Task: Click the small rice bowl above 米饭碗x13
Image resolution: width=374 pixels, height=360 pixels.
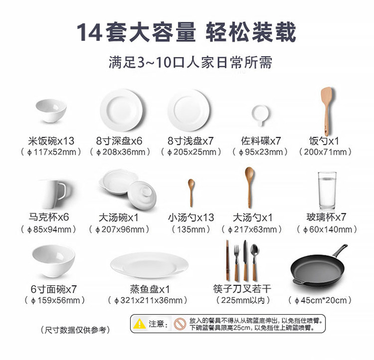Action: click(51, 111)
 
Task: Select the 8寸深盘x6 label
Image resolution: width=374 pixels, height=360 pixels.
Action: click(119, 141)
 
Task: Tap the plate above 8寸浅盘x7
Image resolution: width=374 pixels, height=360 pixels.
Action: click(188, 110)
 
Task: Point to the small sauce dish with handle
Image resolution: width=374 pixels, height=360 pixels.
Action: click(260, 115)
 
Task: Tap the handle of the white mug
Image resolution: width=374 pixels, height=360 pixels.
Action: click(62, 191)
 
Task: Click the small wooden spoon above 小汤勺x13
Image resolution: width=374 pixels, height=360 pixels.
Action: click(191, 192)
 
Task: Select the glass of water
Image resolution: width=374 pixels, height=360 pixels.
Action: click(327, 190)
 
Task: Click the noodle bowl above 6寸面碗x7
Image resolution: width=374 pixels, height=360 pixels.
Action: click(53, 261)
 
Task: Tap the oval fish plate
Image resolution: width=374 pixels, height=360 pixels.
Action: click(149, 265)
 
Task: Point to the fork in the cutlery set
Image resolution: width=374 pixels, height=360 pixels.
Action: click(236, 262)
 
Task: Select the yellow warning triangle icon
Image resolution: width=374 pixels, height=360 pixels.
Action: click(140, 324)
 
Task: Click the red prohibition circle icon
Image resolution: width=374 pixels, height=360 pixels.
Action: click(180, 324)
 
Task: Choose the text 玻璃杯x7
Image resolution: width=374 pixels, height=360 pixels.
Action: click(326, 217)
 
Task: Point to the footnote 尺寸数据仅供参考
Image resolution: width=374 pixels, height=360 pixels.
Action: click(75, 330)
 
